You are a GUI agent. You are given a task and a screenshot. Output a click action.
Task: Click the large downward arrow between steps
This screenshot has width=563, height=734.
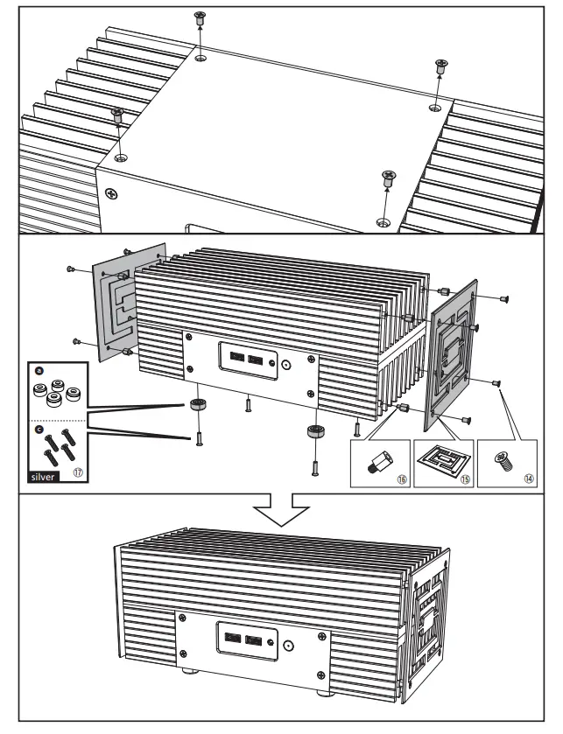tap(279, 509)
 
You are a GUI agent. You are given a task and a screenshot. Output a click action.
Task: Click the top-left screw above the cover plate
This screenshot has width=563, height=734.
tap(200, 18)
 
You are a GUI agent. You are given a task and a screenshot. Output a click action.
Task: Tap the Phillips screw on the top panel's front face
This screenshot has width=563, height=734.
tap(110, 192)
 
